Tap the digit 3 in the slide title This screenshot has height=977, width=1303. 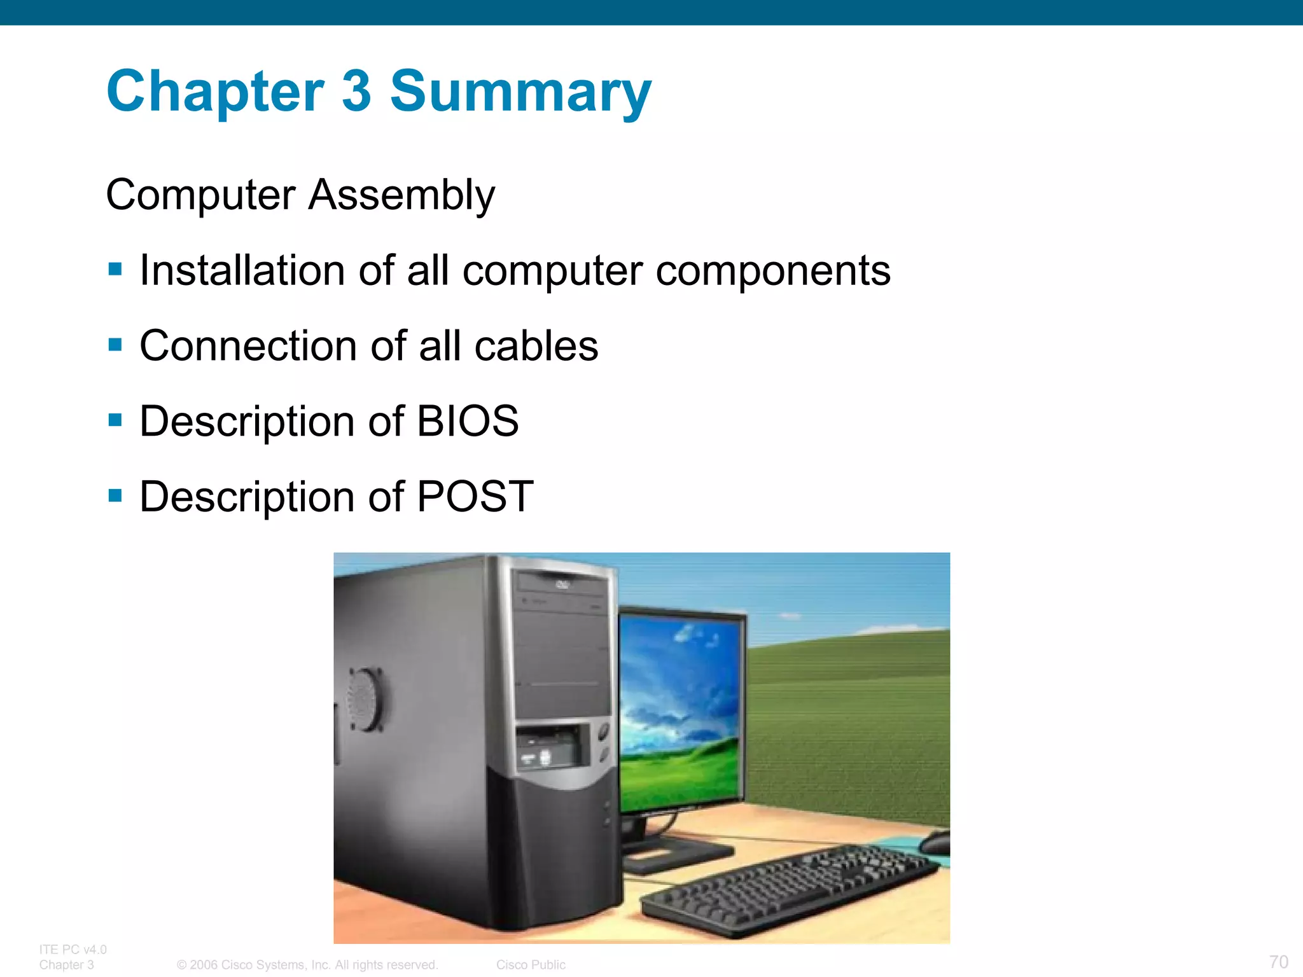[x=356, y=91]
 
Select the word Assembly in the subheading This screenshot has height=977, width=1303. [x=401, y=195]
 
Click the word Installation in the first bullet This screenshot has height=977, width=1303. [x=241, y=270]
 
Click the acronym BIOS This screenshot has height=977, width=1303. [x=468, y=421]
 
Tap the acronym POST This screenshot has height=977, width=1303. [x=475, y=496]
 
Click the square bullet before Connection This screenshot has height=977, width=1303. [x=115, y=345]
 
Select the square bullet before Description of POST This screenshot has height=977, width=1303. [x=115, y=495]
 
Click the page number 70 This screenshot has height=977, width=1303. [x=1278, y=961]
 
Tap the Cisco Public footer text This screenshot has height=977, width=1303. [x=531, y=964]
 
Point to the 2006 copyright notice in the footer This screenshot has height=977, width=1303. [x=307, y=964]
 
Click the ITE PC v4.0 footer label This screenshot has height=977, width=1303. [x=73, y=949]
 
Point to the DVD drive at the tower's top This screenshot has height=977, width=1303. [x=562, y=585]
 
